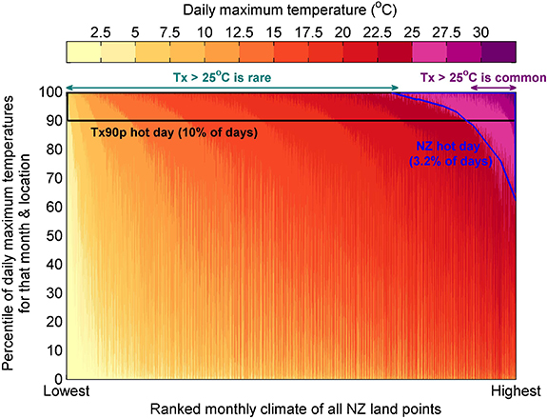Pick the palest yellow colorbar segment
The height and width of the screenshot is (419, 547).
[82, 53]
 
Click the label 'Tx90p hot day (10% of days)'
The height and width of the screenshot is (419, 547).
[171, 132]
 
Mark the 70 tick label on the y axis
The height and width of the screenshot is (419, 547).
[55, 179]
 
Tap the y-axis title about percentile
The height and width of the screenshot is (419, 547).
[17, 233]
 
